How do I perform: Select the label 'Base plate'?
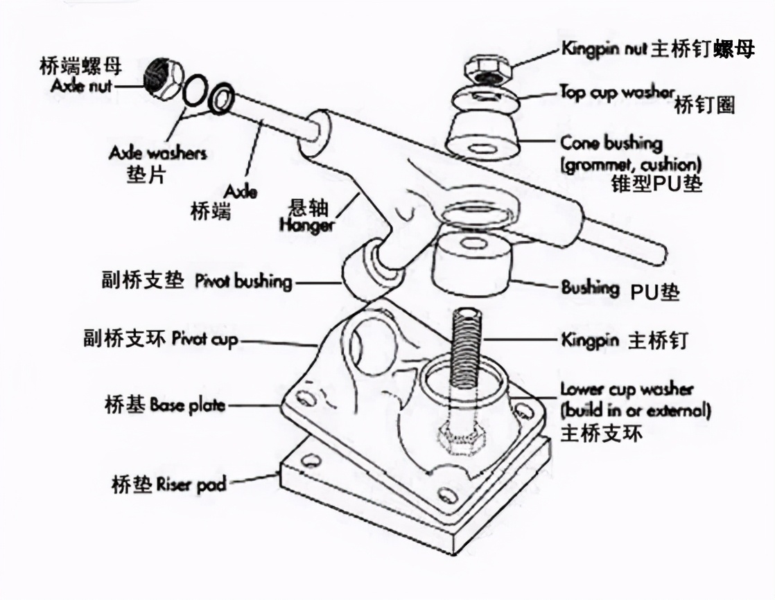click(186, 405)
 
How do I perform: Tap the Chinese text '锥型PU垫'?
click(656, 184)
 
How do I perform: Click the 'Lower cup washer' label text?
click(627, 389)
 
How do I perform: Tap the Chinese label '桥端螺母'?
click(80, 66)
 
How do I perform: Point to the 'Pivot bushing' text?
click(243, 282)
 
